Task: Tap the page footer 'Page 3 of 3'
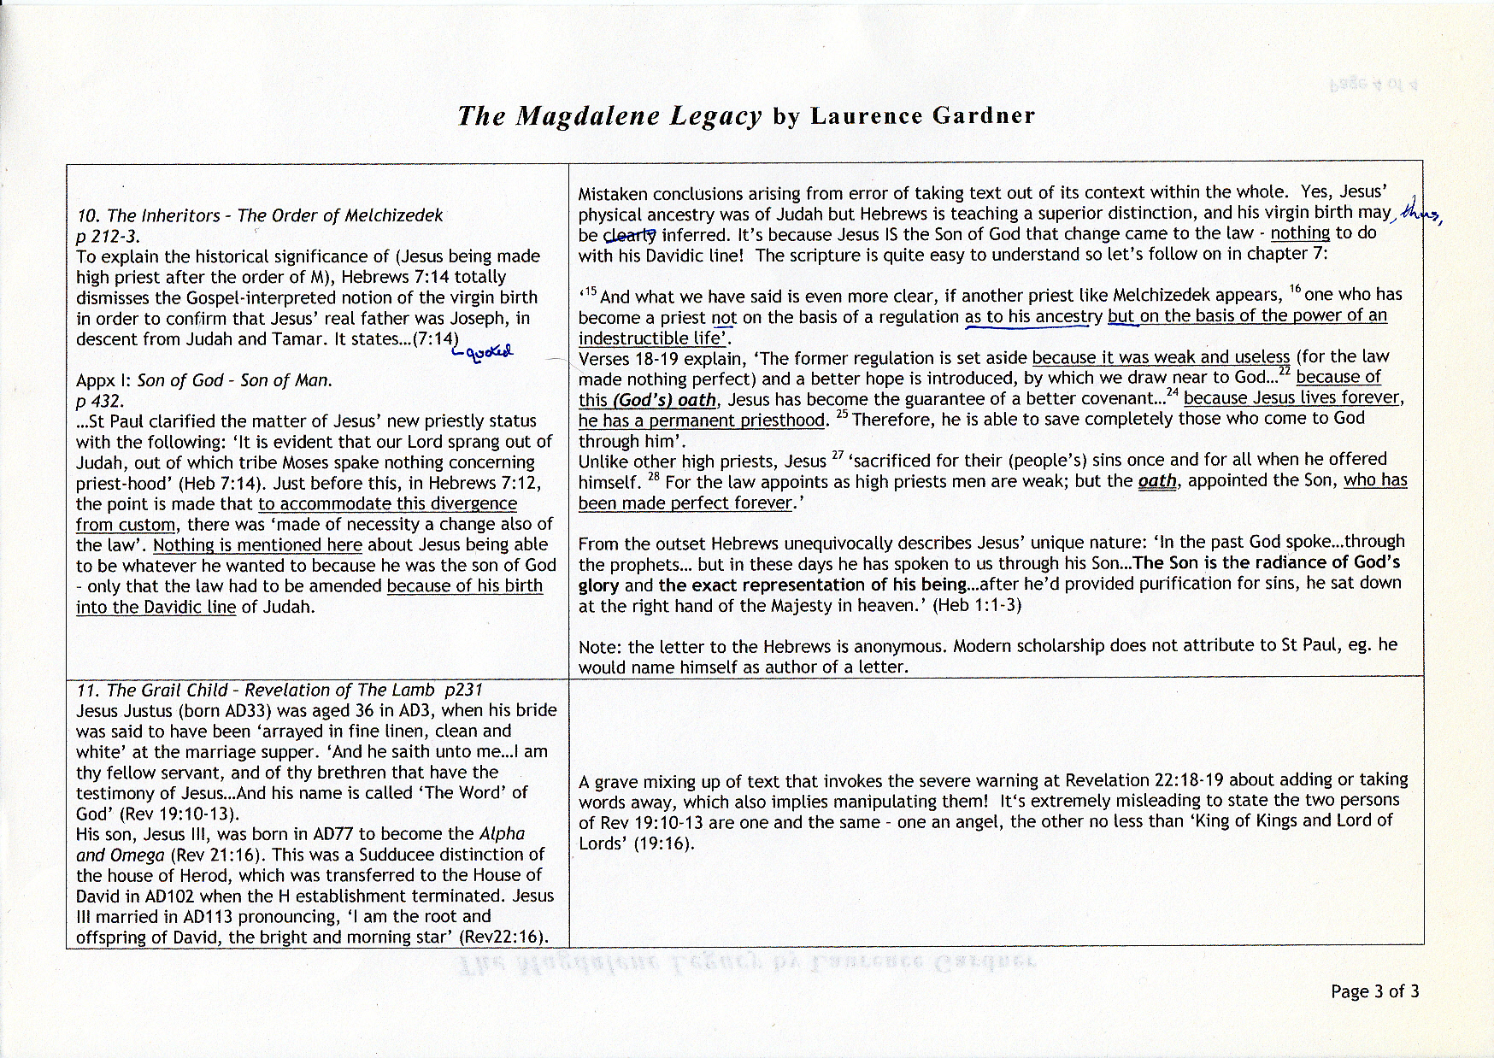pos(1374,991)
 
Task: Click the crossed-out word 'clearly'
pos(631,234)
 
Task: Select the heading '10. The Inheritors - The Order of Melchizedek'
pos(260,216)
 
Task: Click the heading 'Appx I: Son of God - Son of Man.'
pos(204,380)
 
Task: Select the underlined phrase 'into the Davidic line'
pos(155,608)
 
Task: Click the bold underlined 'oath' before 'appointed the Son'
pos(1157,481)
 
